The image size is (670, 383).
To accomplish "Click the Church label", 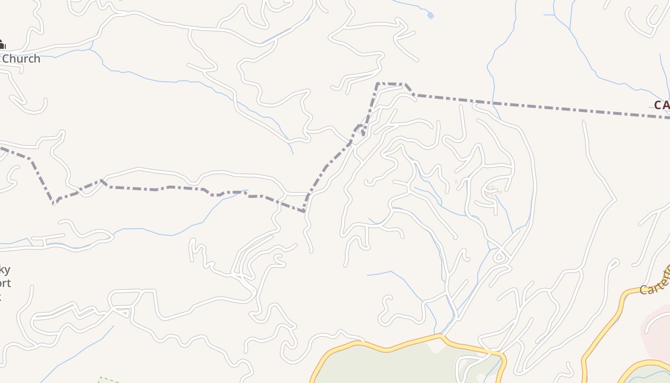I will [21, 59].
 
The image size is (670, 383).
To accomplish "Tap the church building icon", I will [1, 45].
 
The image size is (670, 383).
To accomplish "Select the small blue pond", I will [430, 15].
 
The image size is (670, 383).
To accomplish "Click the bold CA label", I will [662, 105].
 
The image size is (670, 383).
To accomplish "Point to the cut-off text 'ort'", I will [5, 283].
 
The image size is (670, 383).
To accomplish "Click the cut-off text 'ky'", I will [4, 270].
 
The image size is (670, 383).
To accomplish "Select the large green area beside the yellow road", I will [392, 366].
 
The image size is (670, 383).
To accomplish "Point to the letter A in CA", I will [666, 105].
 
